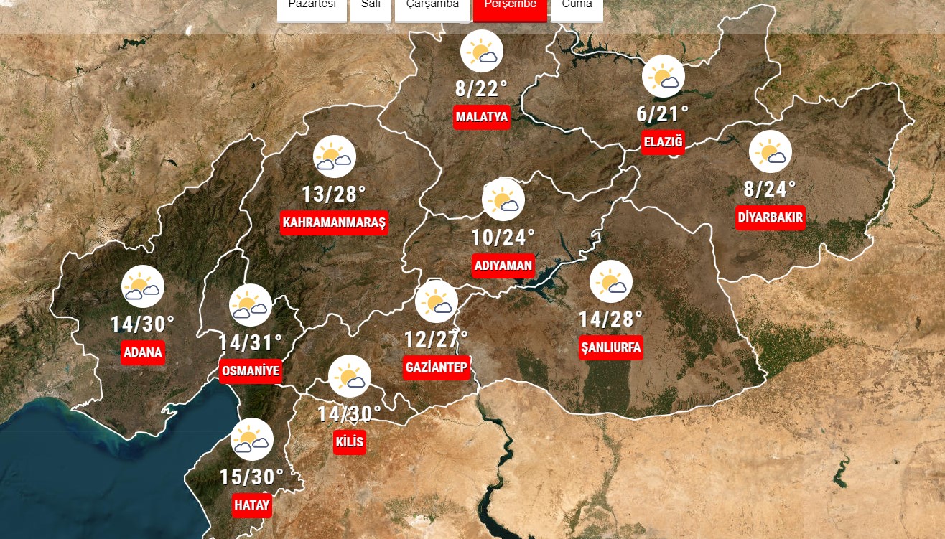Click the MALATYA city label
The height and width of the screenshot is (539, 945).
[482, 117]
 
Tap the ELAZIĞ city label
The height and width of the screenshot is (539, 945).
[663, 142]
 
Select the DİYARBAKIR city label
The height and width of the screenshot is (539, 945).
[771, 217]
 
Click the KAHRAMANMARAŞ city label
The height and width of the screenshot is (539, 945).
[335, 222]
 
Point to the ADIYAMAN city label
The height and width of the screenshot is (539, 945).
[503, 266]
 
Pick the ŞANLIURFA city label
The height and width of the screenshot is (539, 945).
[611, 347]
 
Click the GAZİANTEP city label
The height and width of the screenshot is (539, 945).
[437, 367]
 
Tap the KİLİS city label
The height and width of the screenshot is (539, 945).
[350, 441]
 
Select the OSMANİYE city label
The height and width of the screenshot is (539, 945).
[250, 371]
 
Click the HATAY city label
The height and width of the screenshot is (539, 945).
[252, 505]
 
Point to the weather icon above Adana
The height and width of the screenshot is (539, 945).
[143, 286]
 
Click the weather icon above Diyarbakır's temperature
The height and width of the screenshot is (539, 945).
[771, 152]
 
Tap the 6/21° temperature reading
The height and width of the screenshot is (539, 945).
[663, 113]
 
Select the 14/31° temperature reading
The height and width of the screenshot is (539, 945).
[251, 343]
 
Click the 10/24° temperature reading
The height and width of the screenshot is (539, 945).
[503, 237]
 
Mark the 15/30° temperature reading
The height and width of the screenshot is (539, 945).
[252, 477]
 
